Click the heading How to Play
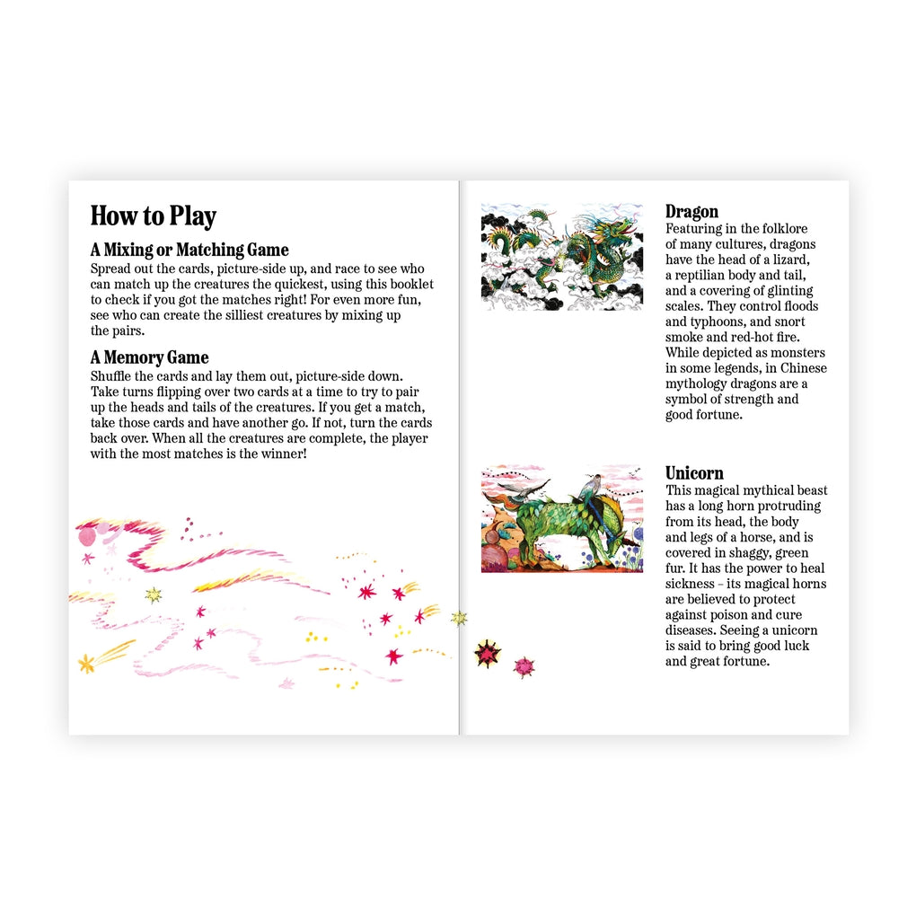point(153,216)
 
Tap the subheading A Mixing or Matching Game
point(189,250)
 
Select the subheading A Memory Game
point(150,357)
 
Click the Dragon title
point(691,211)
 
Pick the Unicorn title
point(694,472)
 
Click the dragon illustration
point(562,257)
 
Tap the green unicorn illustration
point(562,519)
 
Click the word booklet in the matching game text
point(410,285)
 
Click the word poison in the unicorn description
point(726,614)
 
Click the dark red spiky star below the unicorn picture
point(488,654)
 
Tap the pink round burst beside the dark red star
point(524,667)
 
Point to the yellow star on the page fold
point(459,618)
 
